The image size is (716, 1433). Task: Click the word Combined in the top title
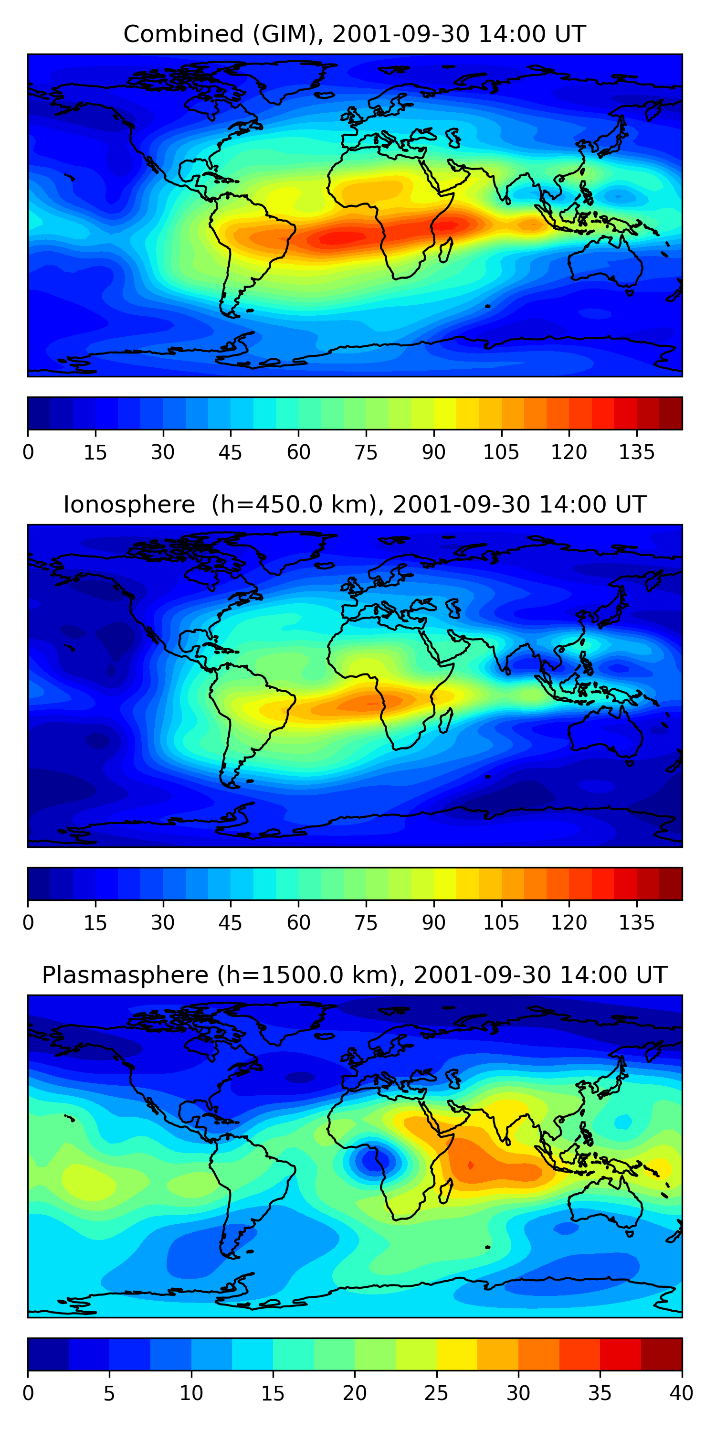tap(183, 34)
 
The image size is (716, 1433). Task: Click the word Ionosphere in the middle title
tap(129, 504)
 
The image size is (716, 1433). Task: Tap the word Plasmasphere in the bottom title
tap(125, 975)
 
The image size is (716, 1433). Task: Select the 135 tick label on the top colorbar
tap(636, 452)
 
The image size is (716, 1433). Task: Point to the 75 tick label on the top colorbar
tap(366, 452)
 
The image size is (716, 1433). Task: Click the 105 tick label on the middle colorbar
tap(501, 923)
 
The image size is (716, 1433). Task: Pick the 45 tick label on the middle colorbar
tap(230, 923)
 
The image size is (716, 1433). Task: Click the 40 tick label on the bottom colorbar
tap(681, 1393)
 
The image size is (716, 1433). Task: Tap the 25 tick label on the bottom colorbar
tap(436, 1393)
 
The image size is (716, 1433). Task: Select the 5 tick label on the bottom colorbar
tap(109, 1393)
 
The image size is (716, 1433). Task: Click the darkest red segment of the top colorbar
tap(671, 413)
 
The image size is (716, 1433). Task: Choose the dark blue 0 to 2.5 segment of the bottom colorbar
tap(48, 1355)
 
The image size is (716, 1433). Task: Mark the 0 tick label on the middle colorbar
tap(28, 923)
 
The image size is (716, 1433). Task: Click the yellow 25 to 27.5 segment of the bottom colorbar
tap(456, 1355)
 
